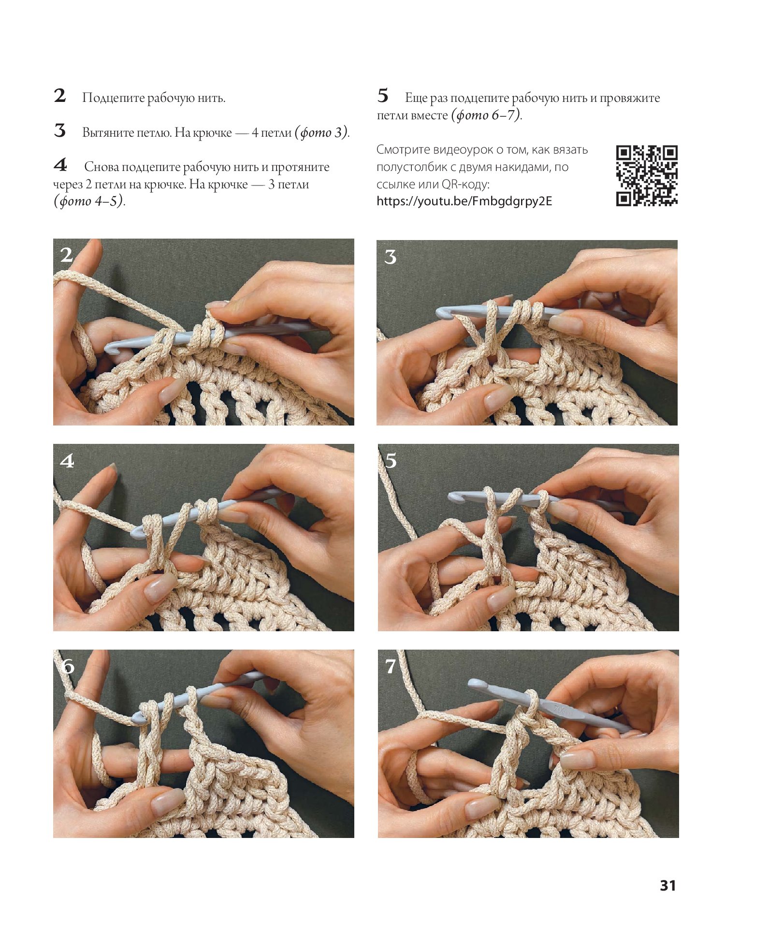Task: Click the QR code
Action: coord(647,176)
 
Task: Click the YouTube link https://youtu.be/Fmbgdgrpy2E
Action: coord(464,201)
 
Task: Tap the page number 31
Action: coord(668,885)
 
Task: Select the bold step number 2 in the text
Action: coord(60,96)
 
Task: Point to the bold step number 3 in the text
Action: coord(60,130)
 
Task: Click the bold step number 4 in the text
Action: coord(60,165)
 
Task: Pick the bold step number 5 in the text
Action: coord(383,96)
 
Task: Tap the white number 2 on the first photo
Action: coord(67,255)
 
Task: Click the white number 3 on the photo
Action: coord(391,257)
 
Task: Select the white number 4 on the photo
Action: coord(67,461)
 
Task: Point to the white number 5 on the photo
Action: coord(391,460)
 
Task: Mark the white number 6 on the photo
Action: coord(68,667)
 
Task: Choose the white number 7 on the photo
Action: coord(391,667)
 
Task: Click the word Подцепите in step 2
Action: coord(114,98)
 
